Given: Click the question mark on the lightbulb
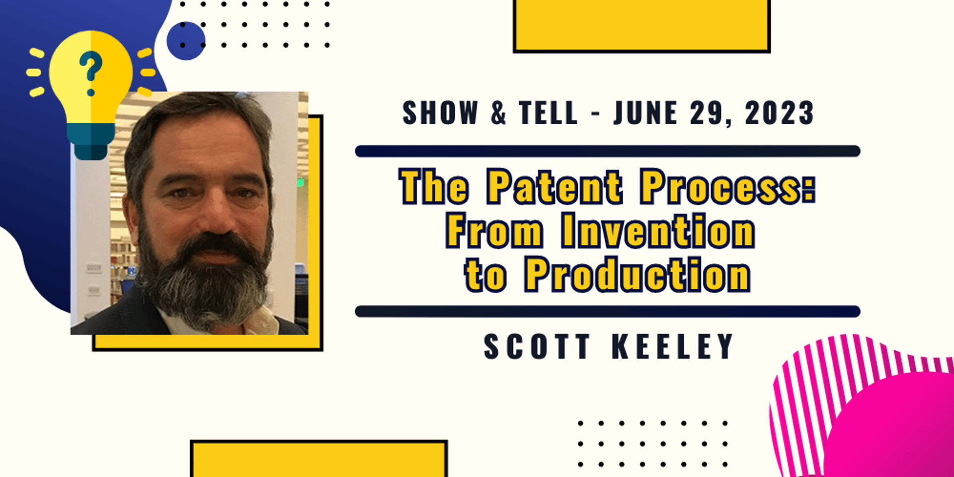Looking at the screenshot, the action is click(90, 74).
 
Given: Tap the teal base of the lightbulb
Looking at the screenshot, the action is click(91, 141).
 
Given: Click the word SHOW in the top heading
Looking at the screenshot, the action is click(440, 113).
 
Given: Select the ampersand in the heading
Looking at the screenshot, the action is click(498, 113).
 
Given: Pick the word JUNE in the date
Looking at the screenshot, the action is click(645, 113).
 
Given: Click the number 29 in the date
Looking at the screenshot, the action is click(709, 113).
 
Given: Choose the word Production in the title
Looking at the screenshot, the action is click(637, 274).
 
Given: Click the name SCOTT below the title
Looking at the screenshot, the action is click(537, 346).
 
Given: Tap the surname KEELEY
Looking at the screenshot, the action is click(672, 346).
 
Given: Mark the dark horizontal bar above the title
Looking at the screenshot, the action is click(607, 151).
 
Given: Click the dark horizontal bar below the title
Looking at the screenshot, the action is click(607, 312).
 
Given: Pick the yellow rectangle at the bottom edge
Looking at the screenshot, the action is click(319, 459).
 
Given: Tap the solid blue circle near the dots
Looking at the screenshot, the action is click(186, 41).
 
